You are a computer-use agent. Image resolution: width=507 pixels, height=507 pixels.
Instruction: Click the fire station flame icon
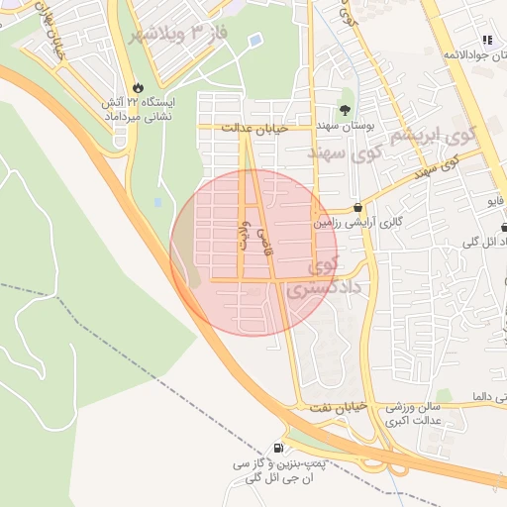pyautogui.click(x=137, y=86)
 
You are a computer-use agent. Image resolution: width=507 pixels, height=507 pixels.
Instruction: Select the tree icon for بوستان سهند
pyautogui.click(x=345, y=111)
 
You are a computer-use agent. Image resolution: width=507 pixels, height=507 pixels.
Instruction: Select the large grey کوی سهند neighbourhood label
pyautogui.click(x=344, y=152)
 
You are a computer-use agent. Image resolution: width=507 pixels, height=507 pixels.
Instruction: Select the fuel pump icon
pyautogui.click(x=277, y=448)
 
